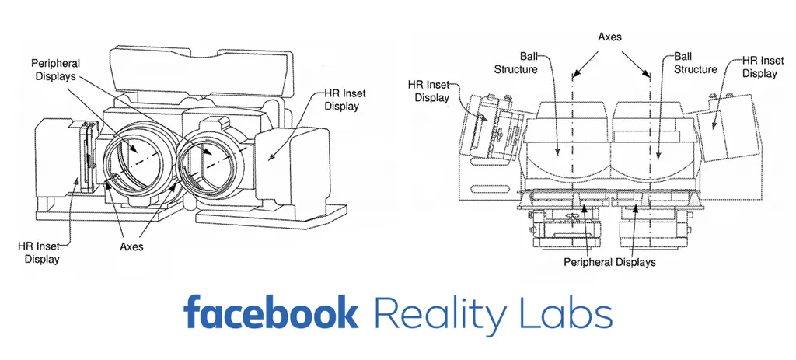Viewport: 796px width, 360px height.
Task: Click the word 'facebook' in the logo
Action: click(x=271, y=313)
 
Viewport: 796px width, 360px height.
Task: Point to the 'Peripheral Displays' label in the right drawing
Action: click(x=609, y=262)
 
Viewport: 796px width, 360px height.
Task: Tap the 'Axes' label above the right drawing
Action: click(x=610, y=36)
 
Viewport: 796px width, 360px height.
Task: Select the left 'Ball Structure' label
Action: click(x=515, y=63)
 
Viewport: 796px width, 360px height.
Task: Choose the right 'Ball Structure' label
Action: click(x=695, y=63)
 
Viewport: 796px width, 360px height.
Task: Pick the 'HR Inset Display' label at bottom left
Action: click(x=39, y=253)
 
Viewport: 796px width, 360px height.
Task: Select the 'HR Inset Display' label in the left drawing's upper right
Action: click(x=342, y=100)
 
